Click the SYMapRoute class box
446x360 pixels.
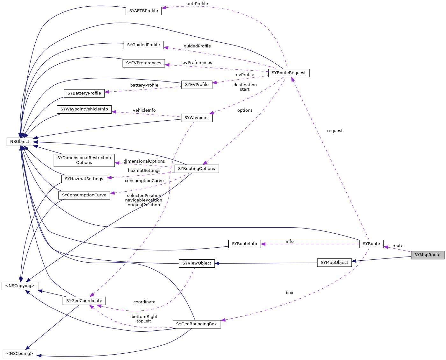[427, 255]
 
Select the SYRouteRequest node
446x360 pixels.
[289, 73]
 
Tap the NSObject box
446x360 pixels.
[20, 142]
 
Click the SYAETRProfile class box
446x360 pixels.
[143, 11]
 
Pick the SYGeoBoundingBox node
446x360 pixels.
[196, 324]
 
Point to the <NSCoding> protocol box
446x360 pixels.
[20, 354]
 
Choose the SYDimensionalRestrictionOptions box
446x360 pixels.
[84, 160]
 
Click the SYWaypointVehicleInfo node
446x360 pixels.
[84, 109]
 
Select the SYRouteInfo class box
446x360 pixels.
[244, 244]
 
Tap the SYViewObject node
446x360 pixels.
[197, 263]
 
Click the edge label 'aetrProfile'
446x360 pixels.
[197, 4]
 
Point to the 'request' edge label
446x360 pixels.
[335, 131]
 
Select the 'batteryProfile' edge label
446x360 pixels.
[144, 85]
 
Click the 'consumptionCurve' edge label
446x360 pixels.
[144, 181]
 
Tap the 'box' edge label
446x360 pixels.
[289, 293]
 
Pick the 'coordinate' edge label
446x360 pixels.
[144, 302]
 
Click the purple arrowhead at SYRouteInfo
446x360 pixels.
[263, 244]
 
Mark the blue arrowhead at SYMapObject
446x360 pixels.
[354, 261]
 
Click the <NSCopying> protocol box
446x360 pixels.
[20, 286]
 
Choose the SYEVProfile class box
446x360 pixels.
[197, 85]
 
